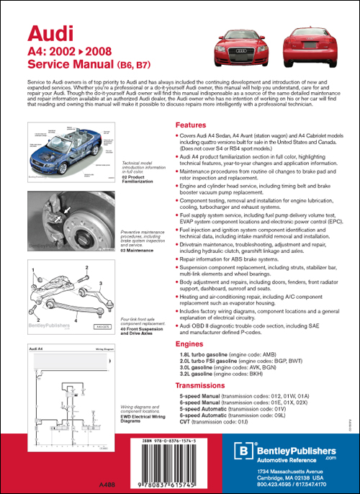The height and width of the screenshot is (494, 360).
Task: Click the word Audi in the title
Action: point(40,33)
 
